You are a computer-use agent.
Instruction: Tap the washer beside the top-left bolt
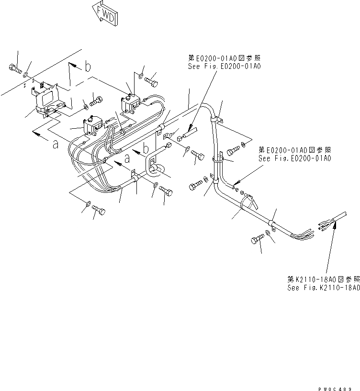[26, 75]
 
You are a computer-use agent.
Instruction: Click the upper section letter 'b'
[88, 67]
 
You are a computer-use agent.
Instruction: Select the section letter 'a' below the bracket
[55, 144]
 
